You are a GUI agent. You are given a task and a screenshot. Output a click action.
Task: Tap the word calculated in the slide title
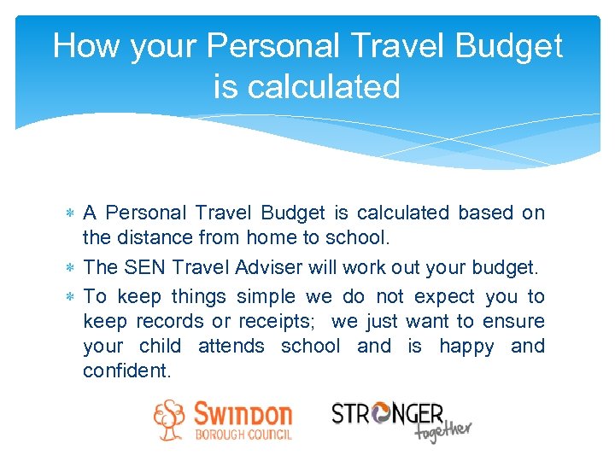(307, 86)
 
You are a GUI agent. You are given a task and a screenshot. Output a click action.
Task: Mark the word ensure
(513, 321)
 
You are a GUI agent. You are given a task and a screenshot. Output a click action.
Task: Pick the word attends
(233, 346)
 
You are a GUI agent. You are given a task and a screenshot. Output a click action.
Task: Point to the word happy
(466, 347)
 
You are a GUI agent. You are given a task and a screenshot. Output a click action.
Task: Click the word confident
(126, 371)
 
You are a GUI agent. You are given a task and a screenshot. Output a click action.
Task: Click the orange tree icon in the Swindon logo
(169, 420)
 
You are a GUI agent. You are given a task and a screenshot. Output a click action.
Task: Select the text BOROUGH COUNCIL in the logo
(243, 435)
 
